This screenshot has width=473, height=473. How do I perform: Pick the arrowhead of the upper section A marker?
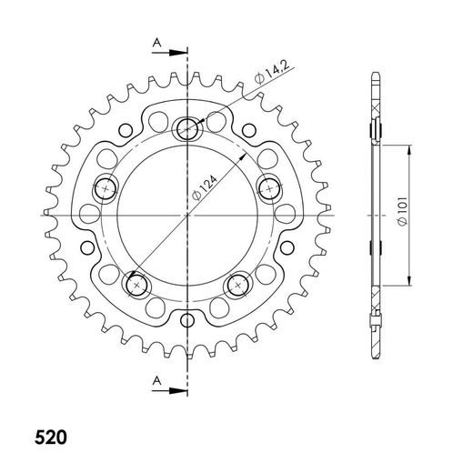tap(181, 52)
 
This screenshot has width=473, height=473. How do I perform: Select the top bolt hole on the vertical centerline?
tap(188, 128)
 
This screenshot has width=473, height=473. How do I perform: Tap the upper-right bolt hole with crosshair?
tap(270, 188)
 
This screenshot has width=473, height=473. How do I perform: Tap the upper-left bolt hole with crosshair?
tap(106, 188)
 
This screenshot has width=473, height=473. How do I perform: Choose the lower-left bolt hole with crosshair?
tap(137, 285)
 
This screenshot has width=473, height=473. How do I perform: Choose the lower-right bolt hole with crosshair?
tap(239, 285)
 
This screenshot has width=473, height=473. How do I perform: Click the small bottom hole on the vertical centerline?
tap(188, 319)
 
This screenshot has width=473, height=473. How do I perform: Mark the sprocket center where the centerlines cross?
tap(188, 215)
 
